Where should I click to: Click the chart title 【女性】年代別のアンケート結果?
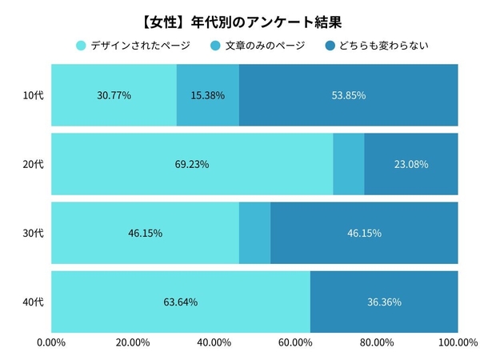[240, 18]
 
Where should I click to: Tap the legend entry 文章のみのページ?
[258, 45]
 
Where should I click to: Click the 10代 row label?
[33, 95]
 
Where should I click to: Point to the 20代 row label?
[33, 164]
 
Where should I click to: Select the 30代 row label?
[33, 233]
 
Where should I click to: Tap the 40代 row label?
[33, 302]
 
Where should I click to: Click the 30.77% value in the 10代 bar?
[114, 95]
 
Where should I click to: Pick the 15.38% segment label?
[207, 95]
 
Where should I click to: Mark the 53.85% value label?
[348, 95]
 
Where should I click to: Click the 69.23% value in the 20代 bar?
[192, 164]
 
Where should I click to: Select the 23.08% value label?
[411, 164]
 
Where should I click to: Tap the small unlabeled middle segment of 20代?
[348, 164]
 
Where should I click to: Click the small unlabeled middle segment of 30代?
[254, 233]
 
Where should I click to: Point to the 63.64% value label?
[181, 302]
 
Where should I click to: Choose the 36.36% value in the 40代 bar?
[384, 302]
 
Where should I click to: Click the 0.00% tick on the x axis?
[51, 343]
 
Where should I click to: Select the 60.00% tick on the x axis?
[295, 343]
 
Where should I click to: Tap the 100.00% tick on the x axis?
[457, 343]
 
